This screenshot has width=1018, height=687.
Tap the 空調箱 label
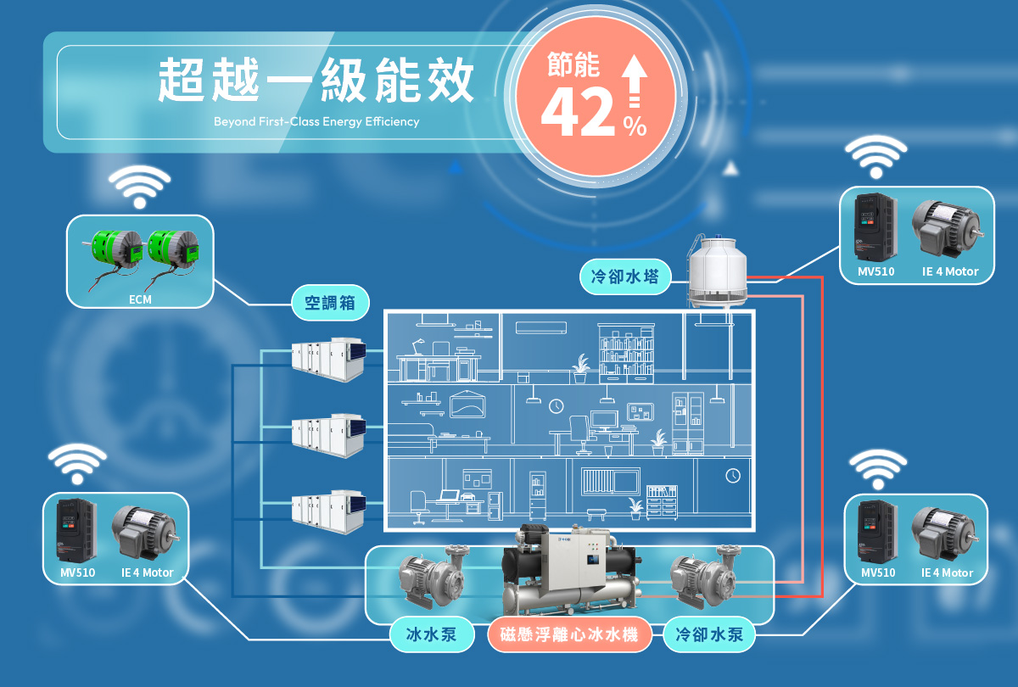[x=330, y=302]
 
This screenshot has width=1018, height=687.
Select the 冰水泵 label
[x=432, y=634]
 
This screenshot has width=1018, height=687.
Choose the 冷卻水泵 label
[x=709, y=634]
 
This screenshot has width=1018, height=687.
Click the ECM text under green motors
[x=140, y=299]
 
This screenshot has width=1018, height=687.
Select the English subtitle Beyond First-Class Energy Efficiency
[x=316, y=122]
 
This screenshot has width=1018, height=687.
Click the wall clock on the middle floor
[x=557, y=406]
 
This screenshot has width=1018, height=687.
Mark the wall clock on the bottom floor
[x=733, y=475]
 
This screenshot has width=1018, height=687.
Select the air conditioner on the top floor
[x=542, y=327]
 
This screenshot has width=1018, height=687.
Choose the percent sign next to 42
[x=634, y=127]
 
